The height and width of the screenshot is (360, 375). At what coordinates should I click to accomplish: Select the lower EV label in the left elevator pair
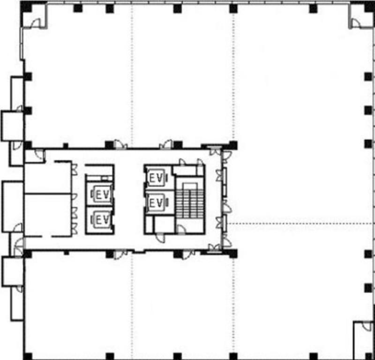point(103,220)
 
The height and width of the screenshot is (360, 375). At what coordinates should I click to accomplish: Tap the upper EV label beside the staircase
point(156,178)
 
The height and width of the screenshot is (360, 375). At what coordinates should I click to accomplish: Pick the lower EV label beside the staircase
point(156,203)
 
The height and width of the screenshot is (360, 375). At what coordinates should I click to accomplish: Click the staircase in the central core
point(190,204)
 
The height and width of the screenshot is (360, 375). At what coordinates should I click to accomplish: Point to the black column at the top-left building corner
point(26,7)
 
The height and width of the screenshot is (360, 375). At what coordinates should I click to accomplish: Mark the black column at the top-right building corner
point(369,7)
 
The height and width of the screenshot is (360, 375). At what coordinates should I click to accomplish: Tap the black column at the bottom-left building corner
point(28,356)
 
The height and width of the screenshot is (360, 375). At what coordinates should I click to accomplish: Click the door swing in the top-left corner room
point(36,23)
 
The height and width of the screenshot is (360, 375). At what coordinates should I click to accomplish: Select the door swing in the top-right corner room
point(356,23)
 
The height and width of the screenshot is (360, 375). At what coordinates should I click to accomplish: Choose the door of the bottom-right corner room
point(367,326)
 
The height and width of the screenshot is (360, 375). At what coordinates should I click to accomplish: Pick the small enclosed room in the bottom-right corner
point(363,340)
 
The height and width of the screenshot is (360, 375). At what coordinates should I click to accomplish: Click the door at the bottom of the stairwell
point(181,229)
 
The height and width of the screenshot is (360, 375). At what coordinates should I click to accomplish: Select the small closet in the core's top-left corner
point(35,156)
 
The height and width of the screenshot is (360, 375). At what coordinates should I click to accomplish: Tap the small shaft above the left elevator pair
point(100,178)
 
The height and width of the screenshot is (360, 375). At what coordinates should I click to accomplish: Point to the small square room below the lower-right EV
point(165,224)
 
